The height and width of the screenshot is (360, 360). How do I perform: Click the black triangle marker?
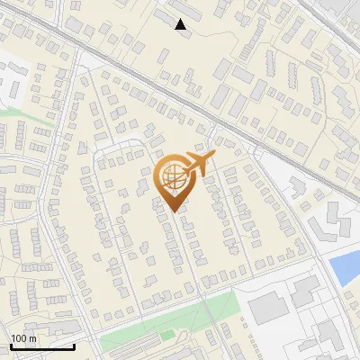pyautogui.click(x=181, y=24)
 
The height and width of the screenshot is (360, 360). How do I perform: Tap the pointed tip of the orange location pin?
pyautogui.click(x=175, y=211)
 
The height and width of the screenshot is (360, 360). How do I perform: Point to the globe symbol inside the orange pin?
pyautogui.click(x=173, y=177)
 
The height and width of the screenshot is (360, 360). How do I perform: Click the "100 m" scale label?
pyautogui.click(x=23, y=338)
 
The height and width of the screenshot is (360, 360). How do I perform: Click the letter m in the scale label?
pyautogui.click(x=31, y=338)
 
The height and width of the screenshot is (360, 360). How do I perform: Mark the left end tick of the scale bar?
pyautogui.click(x=10, y=346)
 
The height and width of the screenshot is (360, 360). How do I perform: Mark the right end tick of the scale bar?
pyautogui.click(x=74, y=346)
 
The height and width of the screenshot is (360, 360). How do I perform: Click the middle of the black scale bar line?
pyautogui.click(x=41, y=347)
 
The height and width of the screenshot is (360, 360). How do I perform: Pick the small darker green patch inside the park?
pyautogui.click(x=166, y=335)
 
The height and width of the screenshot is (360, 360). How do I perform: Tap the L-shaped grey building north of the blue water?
pyautogui.click(x=331, y=220)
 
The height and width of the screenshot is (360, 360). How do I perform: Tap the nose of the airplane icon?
pyautogui.click(x=214, y=159)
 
